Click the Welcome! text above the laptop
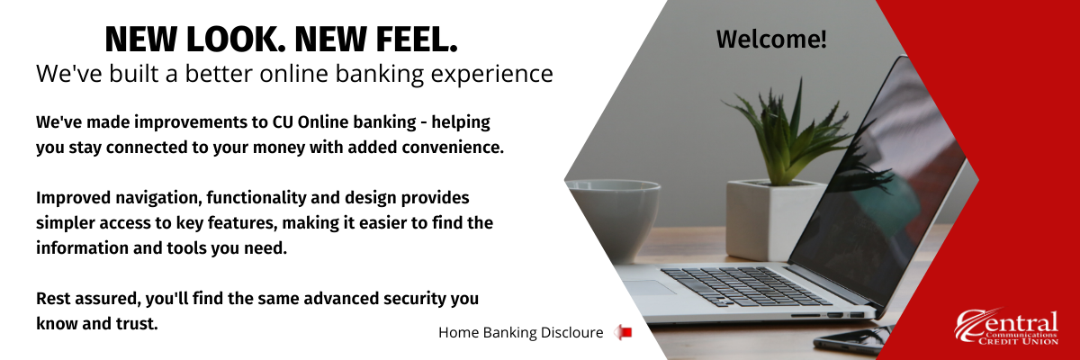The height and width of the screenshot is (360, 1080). [771, 39]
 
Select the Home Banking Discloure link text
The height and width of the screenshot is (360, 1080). [521, 332]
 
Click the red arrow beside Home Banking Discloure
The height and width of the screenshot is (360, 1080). [623, 332]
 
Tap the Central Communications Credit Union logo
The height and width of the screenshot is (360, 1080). [1007, 327]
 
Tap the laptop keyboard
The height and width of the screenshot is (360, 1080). [745, 286]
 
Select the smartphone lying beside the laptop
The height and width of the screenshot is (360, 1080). [852, 341]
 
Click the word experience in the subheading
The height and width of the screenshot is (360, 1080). [491, 74]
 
